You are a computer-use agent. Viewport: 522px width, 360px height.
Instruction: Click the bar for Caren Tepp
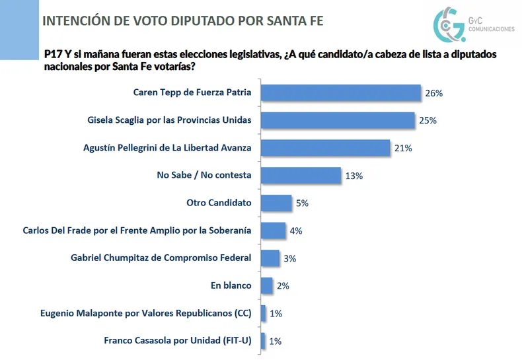[x=340, y=92]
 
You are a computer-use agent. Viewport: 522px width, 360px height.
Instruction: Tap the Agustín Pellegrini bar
[x=325, y=148]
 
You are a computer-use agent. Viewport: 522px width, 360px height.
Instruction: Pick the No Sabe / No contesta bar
[x=301, y=175]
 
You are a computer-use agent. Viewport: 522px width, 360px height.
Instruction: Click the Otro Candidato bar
[x=276, y=203]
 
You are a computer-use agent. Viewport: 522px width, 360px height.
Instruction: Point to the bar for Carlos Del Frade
[x=274, y=231]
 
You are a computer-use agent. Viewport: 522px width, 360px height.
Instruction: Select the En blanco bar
[x=267, y=285]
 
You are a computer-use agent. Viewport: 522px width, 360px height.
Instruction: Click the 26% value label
[x=433, y=93]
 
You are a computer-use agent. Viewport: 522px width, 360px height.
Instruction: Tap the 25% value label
[x=428, y=121]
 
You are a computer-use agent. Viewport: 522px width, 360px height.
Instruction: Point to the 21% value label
[x=403, y=149]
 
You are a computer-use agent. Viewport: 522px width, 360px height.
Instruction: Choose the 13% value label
[x=354, y=176]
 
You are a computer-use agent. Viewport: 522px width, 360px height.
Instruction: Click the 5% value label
[x=302, y=203]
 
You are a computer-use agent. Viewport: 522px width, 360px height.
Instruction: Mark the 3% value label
[x=289, y=258]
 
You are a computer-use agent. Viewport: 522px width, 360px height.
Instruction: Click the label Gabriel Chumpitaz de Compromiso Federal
[x=161, y=258]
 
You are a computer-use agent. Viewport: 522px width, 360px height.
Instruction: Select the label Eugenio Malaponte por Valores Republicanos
[x=135, y=313]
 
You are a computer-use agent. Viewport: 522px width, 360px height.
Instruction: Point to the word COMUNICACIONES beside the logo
[x=491, y=30]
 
